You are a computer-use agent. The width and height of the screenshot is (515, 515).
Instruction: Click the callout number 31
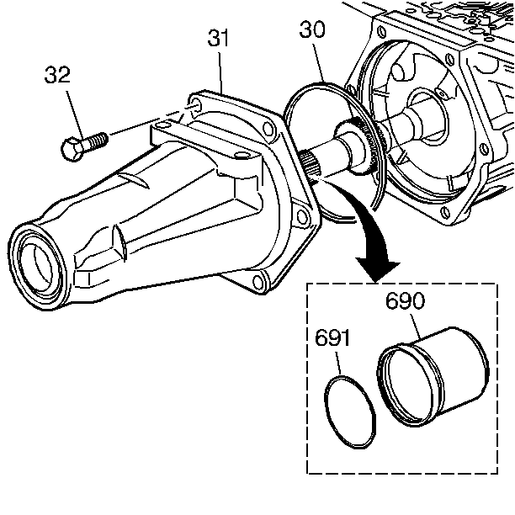(219, 40)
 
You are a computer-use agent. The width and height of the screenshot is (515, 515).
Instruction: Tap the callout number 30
(311, 32)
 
